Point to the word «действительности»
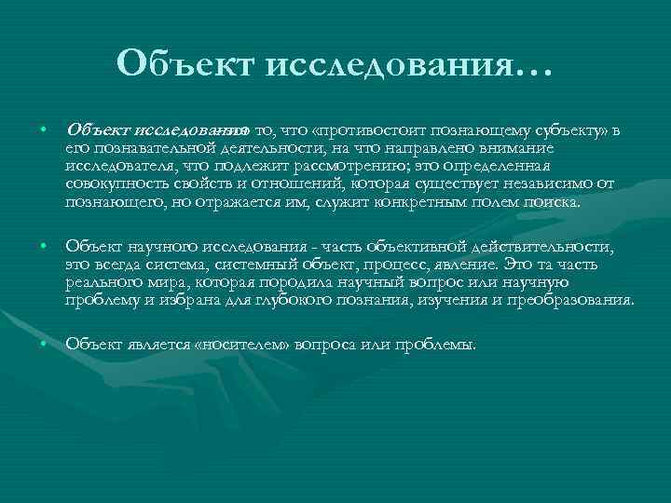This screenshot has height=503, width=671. tap(550, 246)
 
